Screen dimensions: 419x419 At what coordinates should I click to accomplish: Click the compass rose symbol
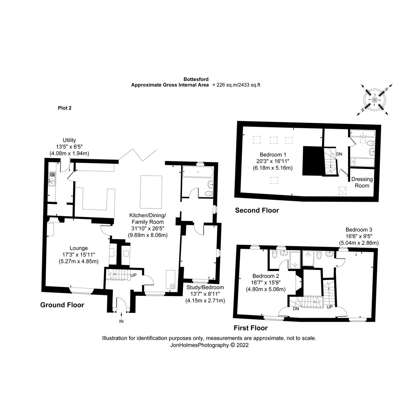[x=374, y=100]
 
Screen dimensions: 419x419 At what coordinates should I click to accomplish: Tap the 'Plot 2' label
[x=65, y=108]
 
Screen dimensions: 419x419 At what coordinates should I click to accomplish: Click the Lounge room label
[x=79, y=248]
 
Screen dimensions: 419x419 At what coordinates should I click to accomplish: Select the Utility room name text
[x=69, y=140]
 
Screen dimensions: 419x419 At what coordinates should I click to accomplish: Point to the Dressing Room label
[x=362, y=182]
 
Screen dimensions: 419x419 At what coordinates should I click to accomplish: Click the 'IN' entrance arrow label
[x=121, y=321]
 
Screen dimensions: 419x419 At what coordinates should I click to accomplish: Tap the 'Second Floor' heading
[x=257, y=210]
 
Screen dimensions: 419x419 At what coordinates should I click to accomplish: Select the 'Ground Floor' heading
[x=62, y=305]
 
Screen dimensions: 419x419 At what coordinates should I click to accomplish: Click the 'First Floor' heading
[x=250, y=328]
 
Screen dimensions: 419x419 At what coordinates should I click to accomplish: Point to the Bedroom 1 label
[x=273, y=155]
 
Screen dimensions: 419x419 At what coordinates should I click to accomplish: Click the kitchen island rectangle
[x=151, y=192]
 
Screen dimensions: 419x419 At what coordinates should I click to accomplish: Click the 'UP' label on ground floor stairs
[x=133, y=275]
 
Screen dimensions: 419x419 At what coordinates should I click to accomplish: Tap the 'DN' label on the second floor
[x=339, y=154]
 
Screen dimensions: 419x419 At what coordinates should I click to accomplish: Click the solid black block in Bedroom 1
[x=312, y=161]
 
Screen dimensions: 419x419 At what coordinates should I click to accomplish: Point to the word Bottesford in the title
[x=196, y=79]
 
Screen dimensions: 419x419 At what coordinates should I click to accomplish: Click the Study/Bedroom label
[x=205, y=287]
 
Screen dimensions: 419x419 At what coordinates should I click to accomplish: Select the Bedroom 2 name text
[x=265, y=276]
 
